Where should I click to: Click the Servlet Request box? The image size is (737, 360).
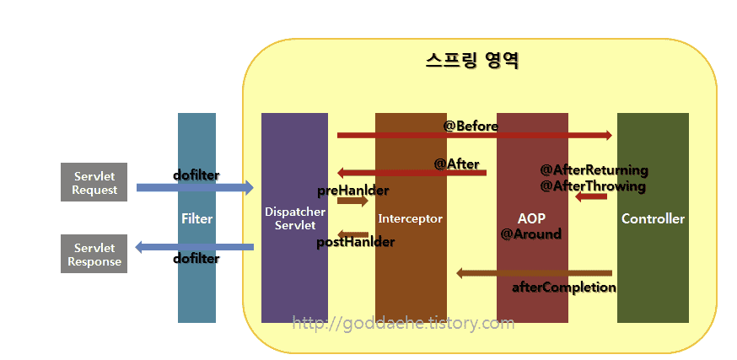tap(94, 182)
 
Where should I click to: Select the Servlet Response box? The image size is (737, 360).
tap(94, 254)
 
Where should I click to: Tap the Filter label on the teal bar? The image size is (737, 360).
tap(197, 218)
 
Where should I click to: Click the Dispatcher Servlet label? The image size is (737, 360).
tap(295, 218)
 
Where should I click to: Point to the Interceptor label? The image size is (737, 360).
tap(411, 218)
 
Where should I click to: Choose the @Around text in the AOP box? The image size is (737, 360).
tap(531, 234)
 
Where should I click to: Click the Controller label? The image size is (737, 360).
tap(653, 218)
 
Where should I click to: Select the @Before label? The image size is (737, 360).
tap(471, 126)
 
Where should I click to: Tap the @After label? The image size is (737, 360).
tap(456, 164)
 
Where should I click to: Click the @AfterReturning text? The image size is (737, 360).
tap(594, 169)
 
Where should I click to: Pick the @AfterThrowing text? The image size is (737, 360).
tap(593, 186)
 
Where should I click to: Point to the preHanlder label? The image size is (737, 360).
tap(353, 191)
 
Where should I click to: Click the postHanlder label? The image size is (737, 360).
tap(355, 242)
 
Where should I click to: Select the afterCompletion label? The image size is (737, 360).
tap(564, 287)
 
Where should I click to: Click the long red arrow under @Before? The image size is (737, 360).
tap(475, 136)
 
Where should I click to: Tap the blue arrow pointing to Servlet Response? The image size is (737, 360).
tap(194, 247)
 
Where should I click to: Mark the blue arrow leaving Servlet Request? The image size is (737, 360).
tap(195, 188)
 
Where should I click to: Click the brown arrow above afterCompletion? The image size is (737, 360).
tap(534, 273)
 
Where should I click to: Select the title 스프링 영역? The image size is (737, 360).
tap(472, 61)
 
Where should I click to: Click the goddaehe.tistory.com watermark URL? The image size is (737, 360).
tap(403, 323)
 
